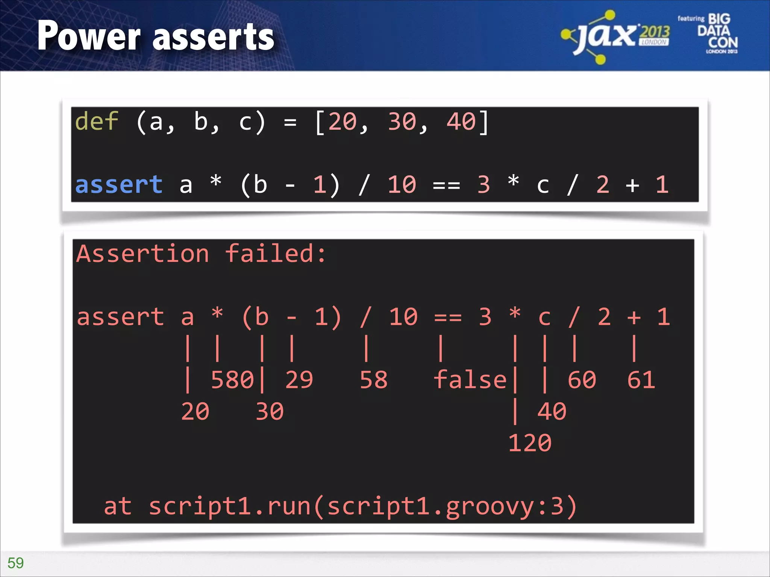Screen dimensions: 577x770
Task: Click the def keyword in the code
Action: tap(97, 121)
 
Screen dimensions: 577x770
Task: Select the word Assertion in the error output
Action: tap(142, 254)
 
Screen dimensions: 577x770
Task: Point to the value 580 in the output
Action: tap(232, 379)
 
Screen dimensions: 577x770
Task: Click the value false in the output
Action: tap(470, 379)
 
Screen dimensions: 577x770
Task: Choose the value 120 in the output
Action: tap(530, 443)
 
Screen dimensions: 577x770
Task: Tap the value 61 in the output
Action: tap(641, 379)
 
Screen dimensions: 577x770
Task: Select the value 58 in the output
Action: tap(373, 379)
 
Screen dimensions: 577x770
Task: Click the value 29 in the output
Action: tap(299, 379)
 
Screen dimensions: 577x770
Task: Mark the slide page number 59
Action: tap(15, 563)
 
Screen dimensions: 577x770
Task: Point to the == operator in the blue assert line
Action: tap(446, 185)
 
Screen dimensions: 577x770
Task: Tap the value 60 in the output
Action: tap(582, 379)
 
